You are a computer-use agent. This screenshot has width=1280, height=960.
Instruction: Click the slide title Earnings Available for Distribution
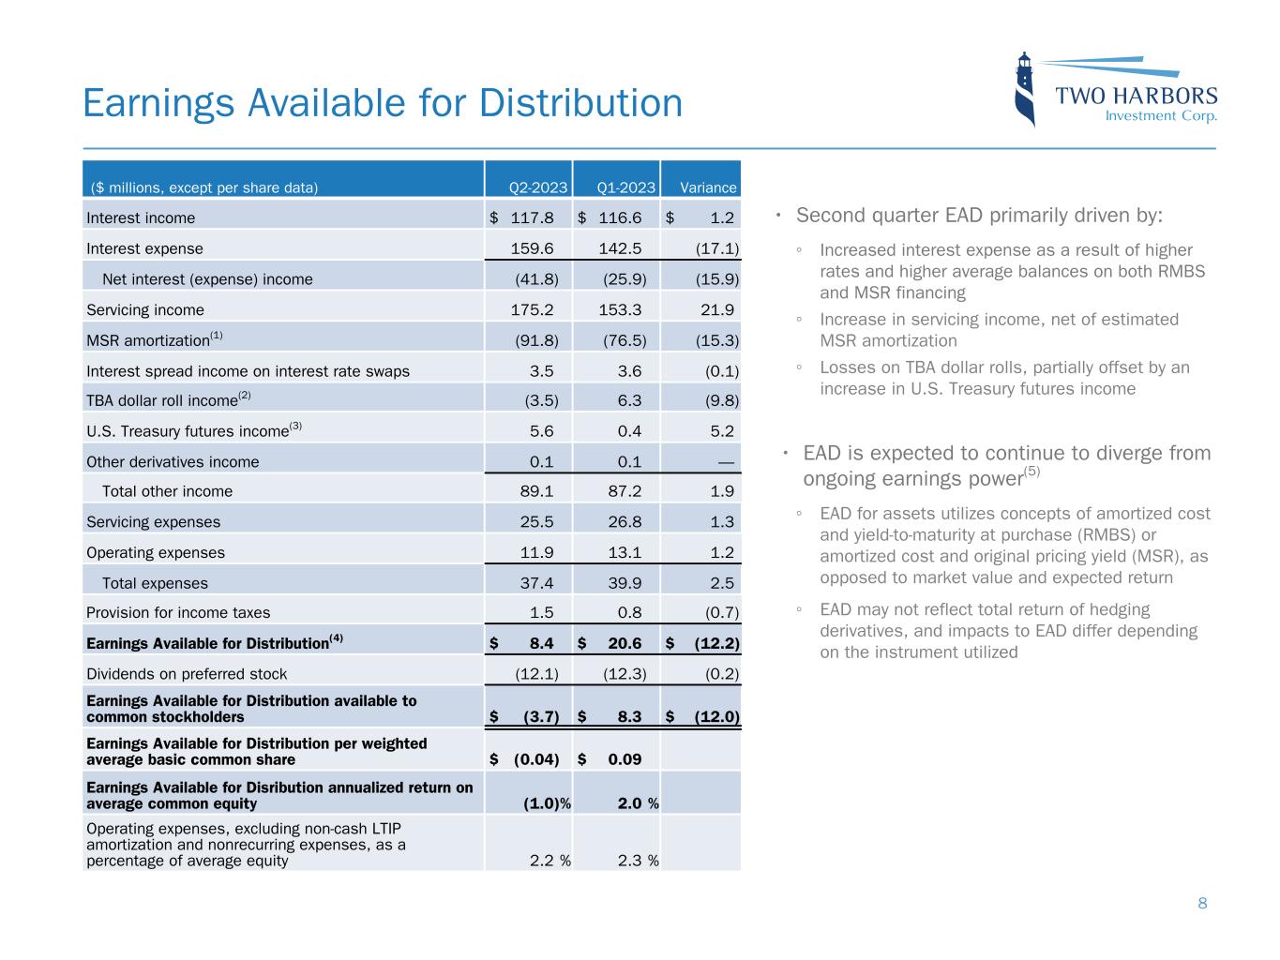click(383, 103)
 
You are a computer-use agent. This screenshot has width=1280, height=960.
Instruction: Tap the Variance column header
click(708, 187)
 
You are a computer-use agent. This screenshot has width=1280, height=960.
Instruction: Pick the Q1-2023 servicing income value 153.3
click(620, 310)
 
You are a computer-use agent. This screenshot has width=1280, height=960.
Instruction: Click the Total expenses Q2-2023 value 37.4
click(536, 583)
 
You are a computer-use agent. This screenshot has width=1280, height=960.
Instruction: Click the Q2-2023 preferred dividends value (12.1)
click(536, 674)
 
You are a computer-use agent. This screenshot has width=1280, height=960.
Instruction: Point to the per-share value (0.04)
click(535, 759)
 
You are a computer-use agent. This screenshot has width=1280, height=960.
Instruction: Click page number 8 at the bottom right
click(1202, 904)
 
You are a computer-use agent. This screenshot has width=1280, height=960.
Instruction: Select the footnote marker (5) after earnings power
click(1032, 472)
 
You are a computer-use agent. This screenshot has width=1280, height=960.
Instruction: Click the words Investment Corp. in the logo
click(1161, 116)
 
